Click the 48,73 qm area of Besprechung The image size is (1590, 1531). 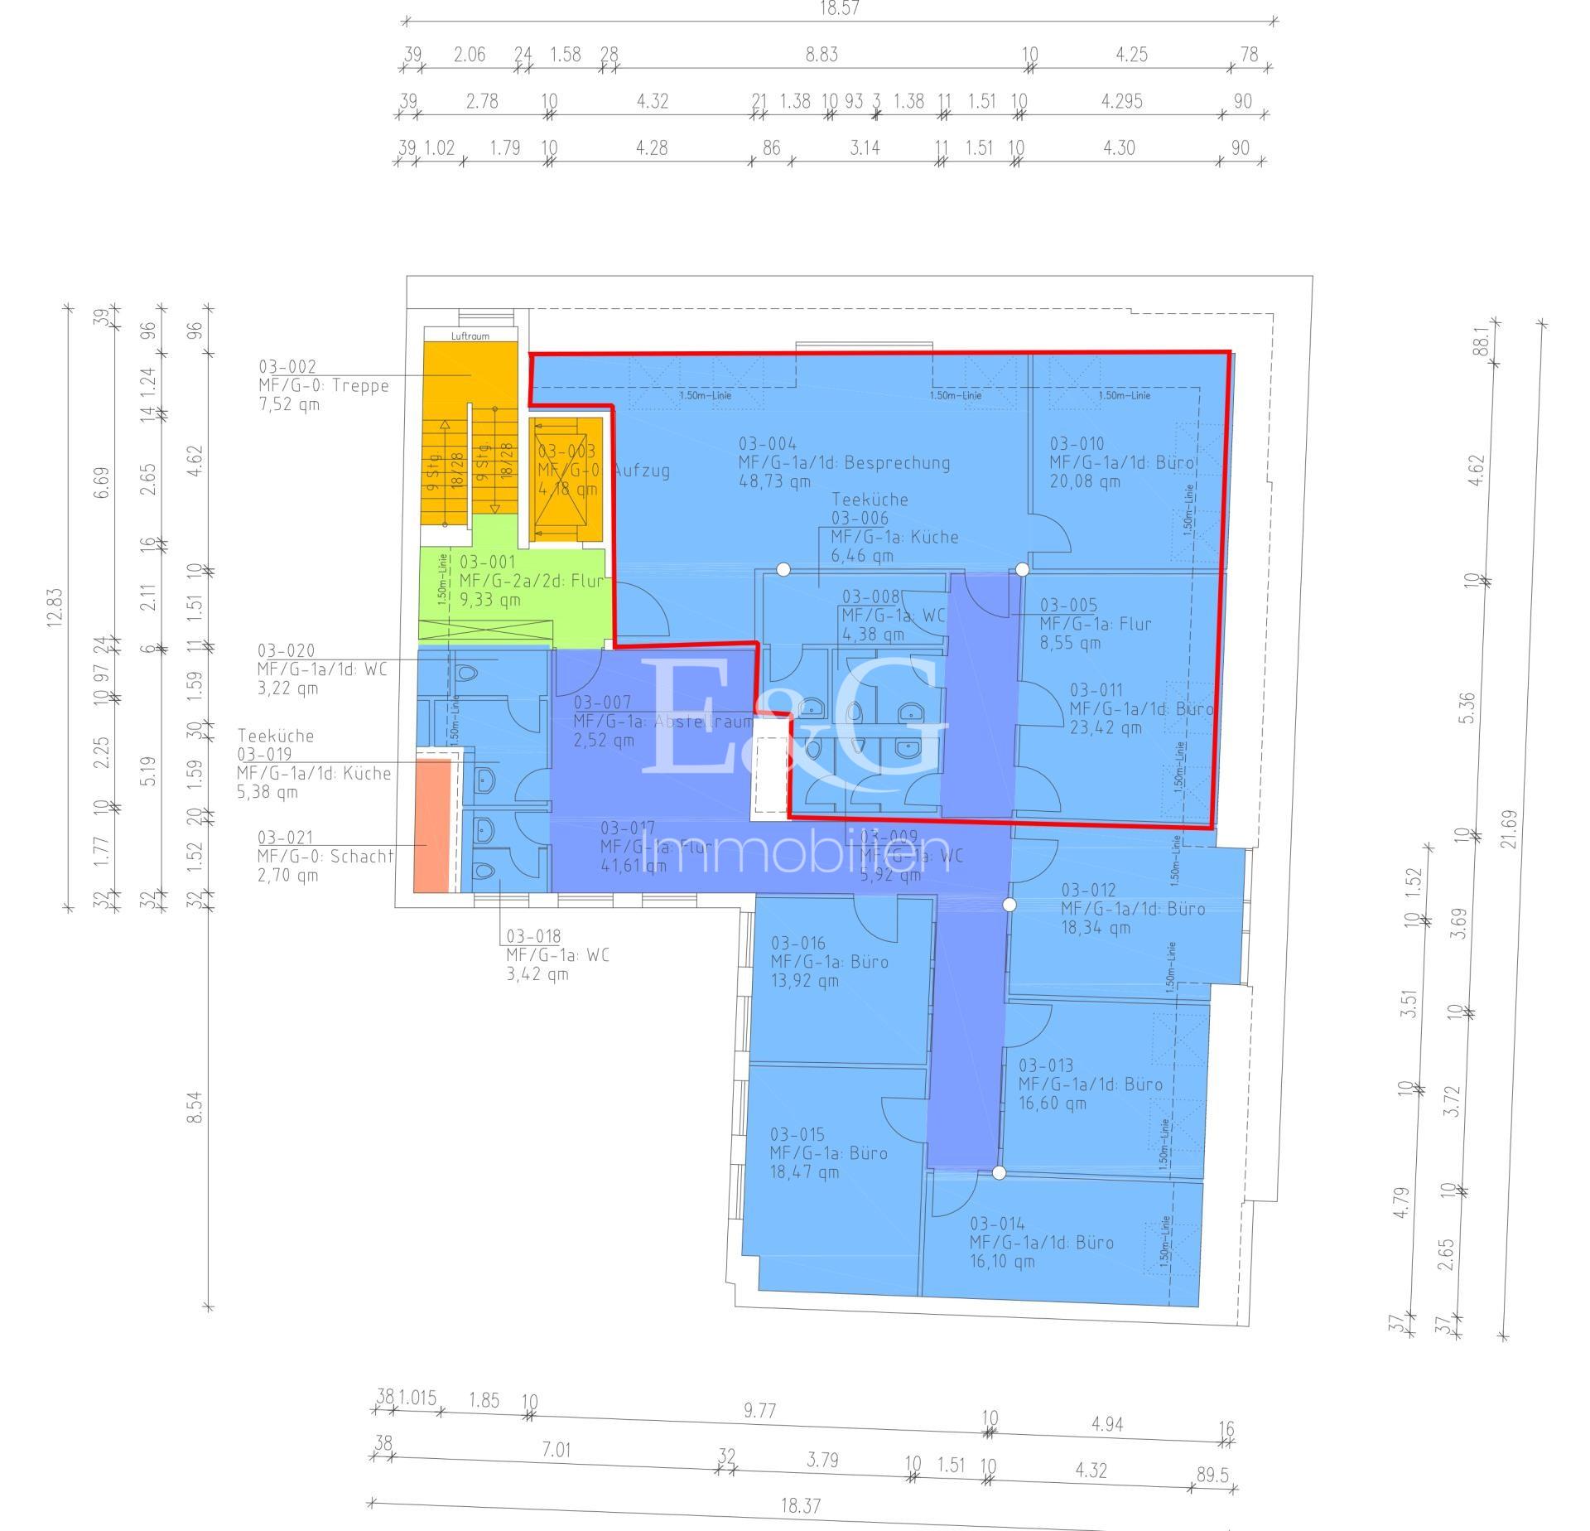773,481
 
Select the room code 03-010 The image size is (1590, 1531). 1077,443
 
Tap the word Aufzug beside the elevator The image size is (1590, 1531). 641,471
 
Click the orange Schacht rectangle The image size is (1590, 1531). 432,825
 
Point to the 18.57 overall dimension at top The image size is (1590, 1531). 838,9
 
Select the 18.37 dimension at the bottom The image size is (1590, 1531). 800,1505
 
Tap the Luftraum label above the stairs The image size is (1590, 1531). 470,336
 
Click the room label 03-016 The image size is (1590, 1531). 797,943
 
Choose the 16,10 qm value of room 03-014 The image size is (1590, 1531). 1002,1262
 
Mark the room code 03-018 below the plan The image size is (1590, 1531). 534,936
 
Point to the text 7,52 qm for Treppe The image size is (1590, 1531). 288,404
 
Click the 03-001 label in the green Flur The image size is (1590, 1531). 487,562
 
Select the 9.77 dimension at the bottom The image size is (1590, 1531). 759,1410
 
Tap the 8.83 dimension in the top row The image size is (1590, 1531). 821,55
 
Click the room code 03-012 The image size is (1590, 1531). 1088,890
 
